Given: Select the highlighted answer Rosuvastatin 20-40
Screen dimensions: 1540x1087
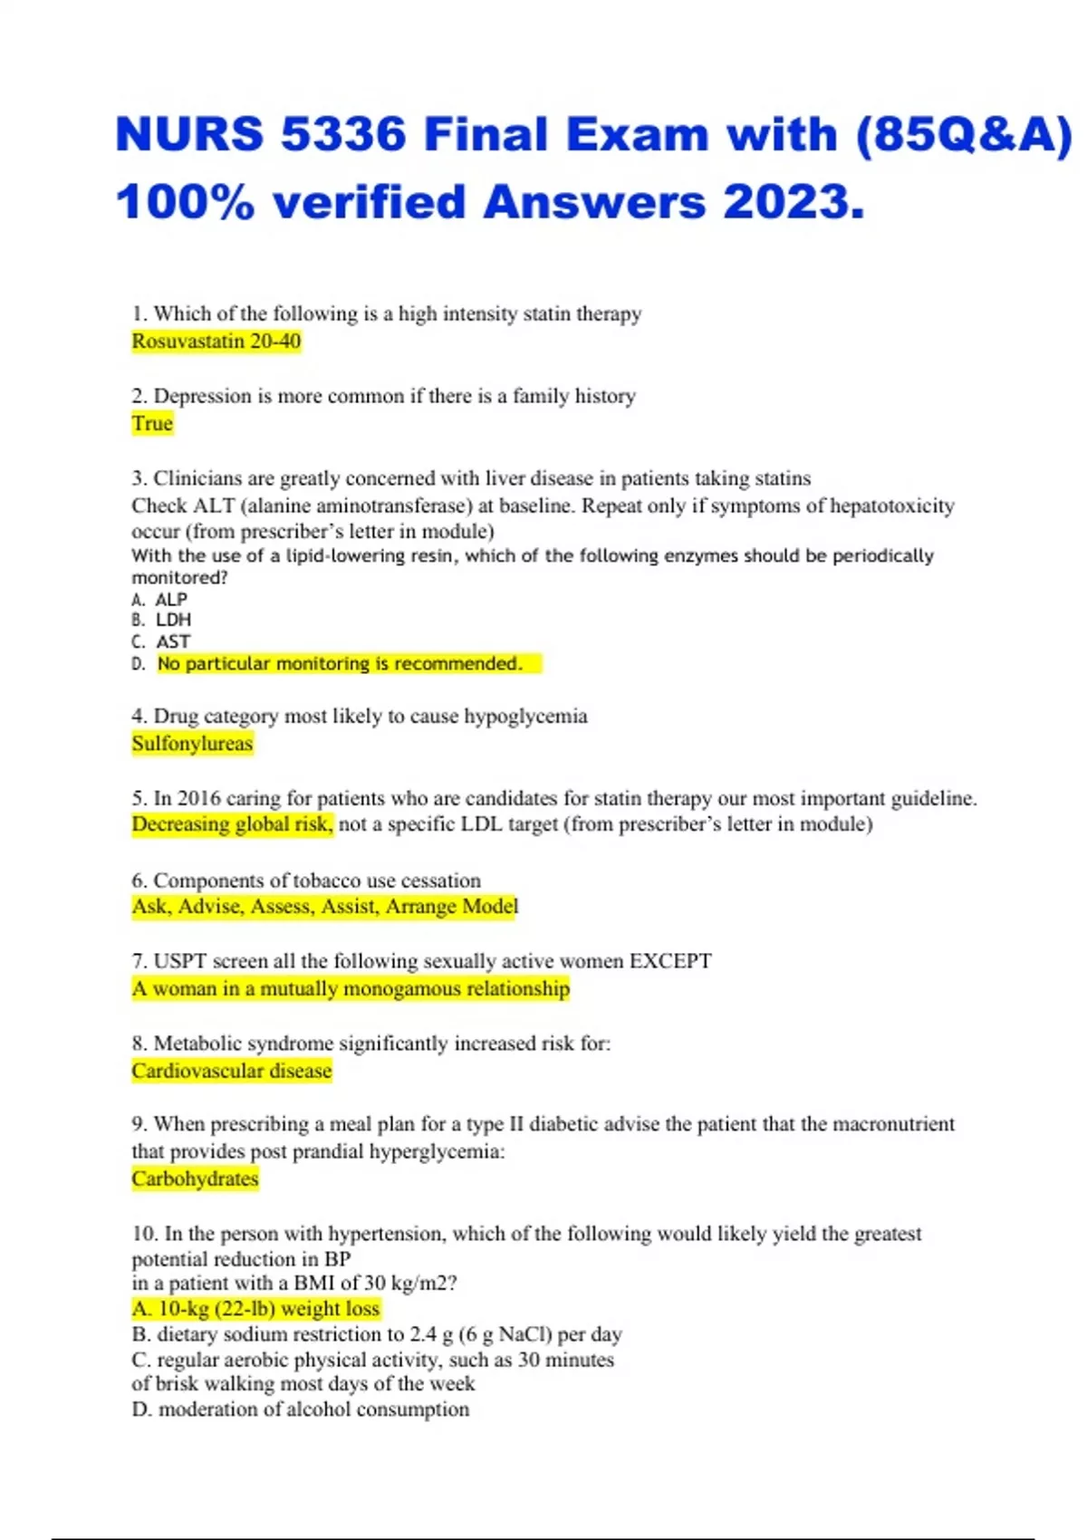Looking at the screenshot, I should click(216, 342).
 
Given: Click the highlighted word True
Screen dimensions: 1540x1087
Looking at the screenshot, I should click(151, 424).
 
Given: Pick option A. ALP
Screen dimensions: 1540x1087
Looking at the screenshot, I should click(159, 600).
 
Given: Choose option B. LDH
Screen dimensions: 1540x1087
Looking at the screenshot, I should click(161, 621).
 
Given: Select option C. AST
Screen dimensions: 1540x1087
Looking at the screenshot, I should click(161, 642).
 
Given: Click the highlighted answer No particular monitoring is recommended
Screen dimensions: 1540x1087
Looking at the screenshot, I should click(341, 664).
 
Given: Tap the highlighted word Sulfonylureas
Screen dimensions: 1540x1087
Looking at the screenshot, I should click(192, 744).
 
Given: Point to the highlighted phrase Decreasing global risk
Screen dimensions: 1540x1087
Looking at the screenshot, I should click(232, 824).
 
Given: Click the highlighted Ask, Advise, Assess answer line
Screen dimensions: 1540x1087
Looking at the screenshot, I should click(324, 907).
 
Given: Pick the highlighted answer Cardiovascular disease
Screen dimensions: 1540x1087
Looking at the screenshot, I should click(232, 1071).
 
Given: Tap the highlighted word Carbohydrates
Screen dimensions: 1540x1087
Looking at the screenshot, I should click(195, 1179).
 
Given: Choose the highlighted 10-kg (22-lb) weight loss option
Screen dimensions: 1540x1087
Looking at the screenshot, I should click(255, 1309).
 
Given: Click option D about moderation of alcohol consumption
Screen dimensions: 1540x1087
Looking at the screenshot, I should click(301, 1410).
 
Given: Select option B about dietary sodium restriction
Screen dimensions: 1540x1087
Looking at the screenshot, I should click(377, 1334).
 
